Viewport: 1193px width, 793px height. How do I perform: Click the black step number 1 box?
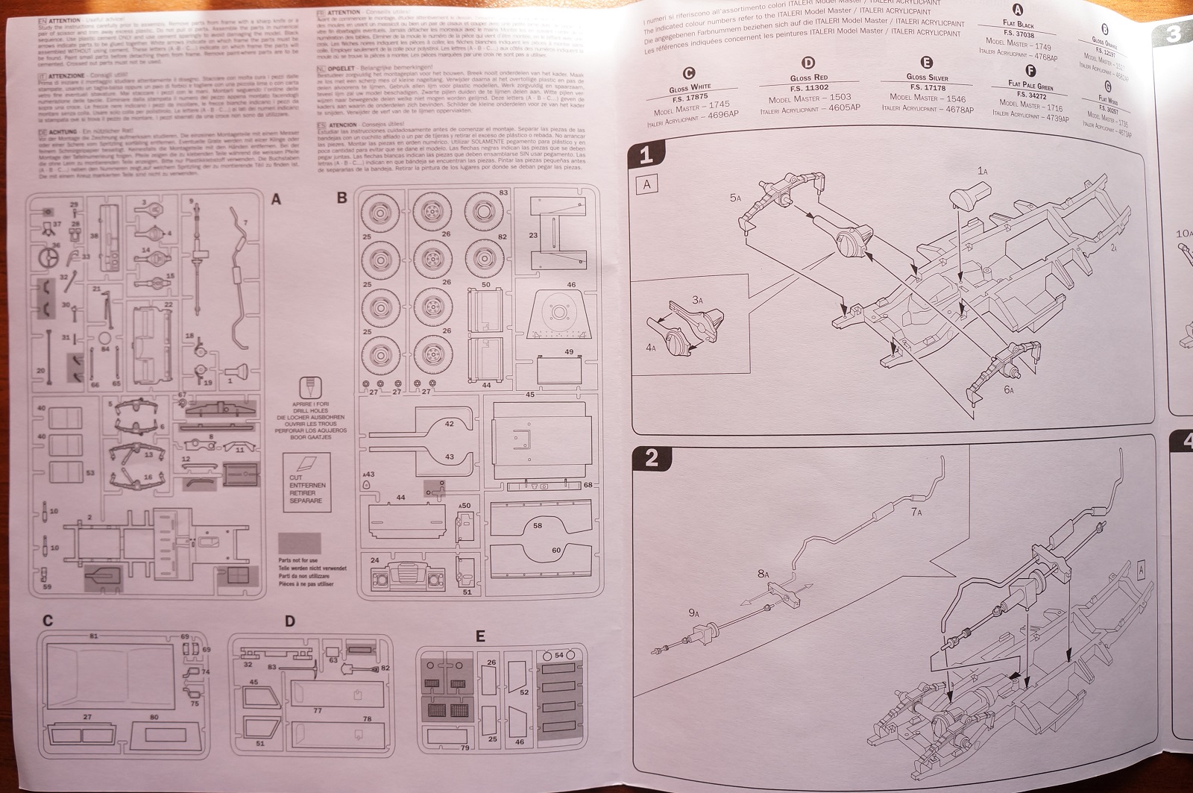point(646,155)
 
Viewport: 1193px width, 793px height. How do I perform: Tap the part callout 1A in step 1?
point(983,172)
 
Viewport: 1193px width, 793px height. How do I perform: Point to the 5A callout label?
point(735,198)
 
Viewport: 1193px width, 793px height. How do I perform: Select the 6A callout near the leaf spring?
point(1009,389)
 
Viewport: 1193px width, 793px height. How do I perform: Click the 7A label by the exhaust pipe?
point(916,513)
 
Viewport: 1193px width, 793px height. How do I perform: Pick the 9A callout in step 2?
point(694,612)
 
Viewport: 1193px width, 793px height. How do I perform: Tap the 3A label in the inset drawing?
point(697,300)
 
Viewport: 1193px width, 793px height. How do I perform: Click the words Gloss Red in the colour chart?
point(809,78)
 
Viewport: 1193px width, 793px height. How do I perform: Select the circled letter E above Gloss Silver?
point(927,63)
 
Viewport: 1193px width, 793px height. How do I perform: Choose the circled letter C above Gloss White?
point(689,73)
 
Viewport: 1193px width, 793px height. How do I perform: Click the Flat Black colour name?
point(1019,25)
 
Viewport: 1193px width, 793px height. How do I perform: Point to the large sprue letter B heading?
point(342,198)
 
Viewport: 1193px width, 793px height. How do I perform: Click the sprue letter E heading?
point(480,636)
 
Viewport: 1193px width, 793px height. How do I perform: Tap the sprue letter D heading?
point(290,621)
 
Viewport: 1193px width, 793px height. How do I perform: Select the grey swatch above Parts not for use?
point(299,543)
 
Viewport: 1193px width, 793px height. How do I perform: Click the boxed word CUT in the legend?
point(296,477)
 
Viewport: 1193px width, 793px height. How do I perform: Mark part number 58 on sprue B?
point(537,525)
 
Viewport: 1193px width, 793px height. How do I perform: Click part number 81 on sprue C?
point(93,636)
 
